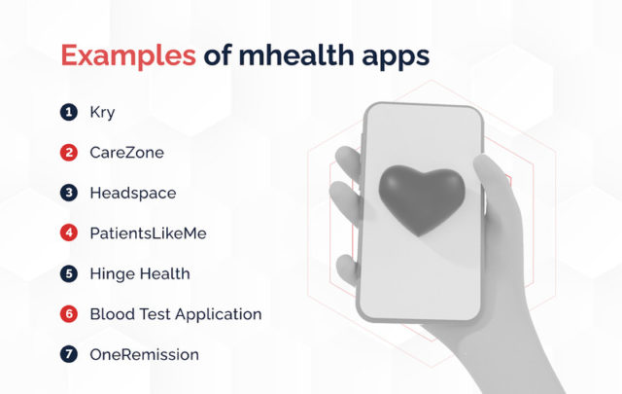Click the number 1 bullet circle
68,112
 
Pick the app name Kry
101,112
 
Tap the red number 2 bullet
68,153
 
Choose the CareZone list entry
125,153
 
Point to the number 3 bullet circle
68,193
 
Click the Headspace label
132,194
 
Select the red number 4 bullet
68,233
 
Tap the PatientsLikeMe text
147,233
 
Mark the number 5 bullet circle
68,273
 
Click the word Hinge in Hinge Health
109,274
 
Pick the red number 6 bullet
68,314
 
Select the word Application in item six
217,314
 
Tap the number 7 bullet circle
68,354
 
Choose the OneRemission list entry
143,354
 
